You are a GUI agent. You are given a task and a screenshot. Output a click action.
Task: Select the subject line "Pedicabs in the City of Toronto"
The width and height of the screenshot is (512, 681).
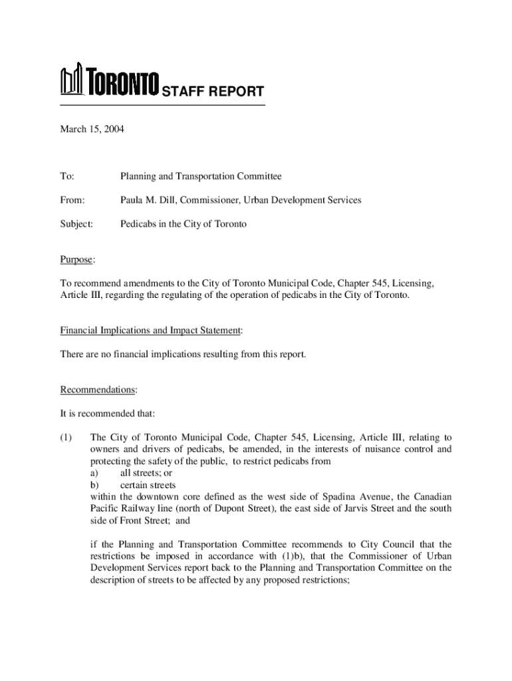pos(183,224)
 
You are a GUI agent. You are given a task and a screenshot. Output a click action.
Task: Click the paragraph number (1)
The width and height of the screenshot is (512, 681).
pos(66,438)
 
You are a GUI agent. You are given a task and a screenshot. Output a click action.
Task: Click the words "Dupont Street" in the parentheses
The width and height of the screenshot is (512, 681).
pos(239,509)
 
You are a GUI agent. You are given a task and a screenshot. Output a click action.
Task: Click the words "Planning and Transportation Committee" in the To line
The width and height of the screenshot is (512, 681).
pos(201,176)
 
